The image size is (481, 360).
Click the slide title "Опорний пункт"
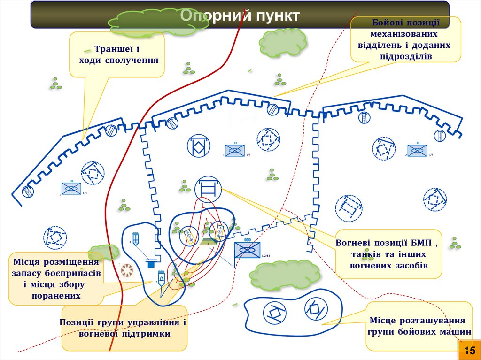tap(240, 16)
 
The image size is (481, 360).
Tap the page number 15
tap(469, 351)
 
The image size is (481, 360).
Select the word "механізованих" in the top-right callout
tap(404, 34)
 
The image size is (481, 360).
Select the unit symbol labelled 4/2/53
tap(247, 250)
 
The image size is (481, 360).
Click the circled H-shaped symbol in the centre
tap(207, 189)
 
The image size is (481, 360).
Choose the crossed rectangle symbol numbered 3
tap(235, 151)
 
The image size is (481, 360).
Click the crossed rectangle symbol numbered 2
tap(417, 150)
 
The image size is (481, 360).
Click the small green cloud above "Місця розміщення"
tap(104, 251)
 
